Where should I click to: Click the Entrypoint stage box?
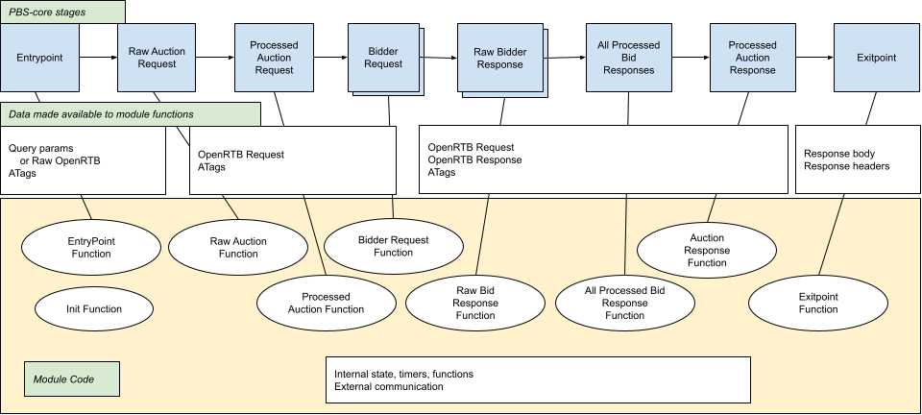(x=39, y=58)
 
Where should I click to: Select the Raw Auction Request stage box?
(x=157, y=58)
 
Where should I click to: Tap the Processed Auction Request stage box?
(x=274, y=58)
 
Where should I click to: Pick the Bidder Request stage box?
(x=383, y=57)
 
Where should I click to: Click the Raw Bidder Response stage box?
(x=499, y=58)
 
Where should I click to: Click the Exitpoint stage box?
(x=875, y=58)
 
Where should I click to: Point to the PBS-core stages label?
(x=62, y=12)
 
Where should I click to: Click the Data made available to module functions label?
(x=131, y=114)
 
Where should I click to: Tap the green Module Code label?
(x=71, y=379)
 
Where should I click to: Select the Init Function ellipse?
(x=93, y=308)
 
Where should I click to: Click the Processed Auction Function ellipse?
(x=326, y=303)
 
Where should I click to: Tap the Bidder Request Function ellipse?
(x=393, y=247)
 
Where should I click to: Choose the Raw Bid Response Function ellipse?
(x=475, y=302)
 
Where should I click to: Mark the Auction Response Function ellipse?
(x=707, y=250)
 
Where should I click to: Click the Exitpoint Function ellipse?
(x=818, y=304)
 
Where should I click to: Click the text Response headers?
(x=846, y=166)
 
